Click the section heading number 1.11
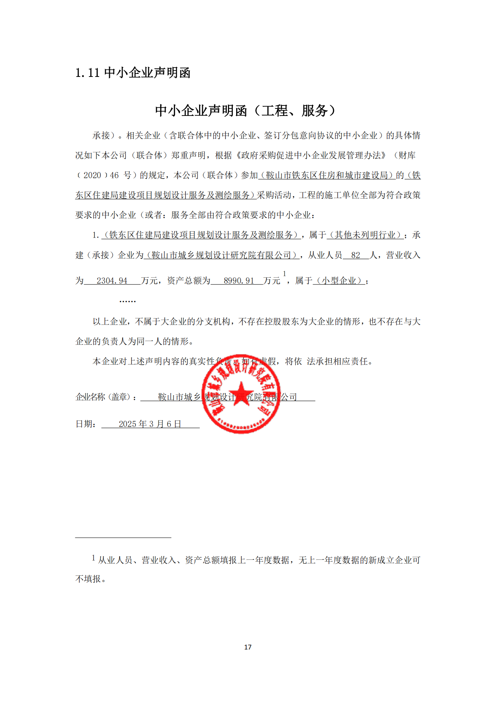[87, 73]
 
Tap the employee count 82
[355, 256]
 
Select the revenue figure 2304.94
[112, 281]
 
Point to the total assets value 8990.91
[238, 281]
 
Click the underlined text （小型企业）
[339, 281]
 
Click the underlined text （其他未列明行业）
[365, 235]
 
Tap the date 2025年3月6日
[150, 424]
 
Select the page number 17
[248, 647]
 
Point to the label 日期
[85, 424]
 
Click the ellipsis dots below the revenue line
[127, 301]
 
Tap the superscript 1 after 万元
[285, 274]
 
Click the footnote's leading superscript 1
[93, 558]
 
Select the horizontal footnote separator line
[123, 538]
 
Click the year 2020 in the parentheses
[92, 175]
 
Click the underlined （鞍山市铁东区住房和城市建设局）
[327, 175]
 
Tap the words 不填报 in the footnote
[88, 579]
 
